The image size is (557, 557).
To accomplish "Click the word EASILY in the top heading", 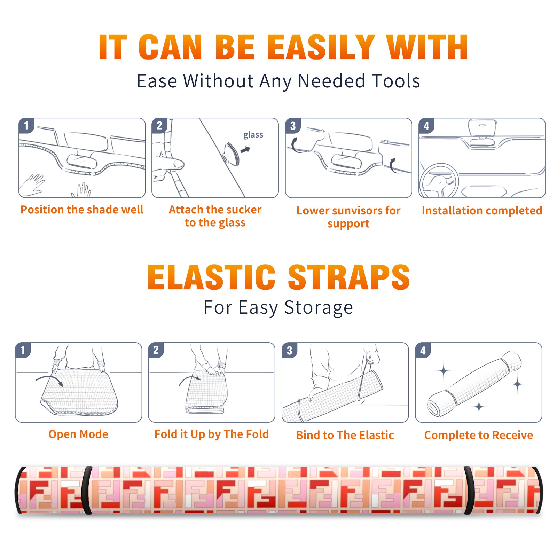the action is click(321, 47).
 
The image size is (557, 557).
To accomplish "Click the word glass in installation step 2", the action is click(253, 135).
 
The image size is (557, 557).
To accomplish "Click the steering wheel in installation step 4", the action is click(439, 181).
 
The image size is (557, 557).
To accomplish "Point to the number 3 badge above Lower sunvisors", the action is click(293, 126).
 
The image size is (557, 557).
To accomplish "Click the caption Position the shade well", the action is click(82, 210).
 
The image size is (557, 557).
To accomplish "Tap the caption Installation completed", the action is click(482, 210).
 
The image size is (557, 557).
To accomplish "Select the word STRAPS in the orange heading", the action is click(349, 277).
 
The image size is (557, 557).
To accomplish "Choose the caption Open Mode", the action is click(78, 434).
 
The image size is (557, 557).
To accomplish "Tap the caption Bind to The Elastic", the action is click(345, 435).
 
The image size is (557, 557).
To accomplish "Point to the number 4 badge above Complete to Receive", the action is click(423, 351).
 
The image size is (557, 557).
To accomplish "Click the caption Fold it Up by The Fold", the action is click(212, 434).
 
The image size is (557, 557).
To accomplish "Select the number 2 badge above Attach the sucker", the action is click(159, 126).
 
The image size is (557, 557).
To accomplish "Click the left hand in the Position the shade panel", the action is click(32, 184).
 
